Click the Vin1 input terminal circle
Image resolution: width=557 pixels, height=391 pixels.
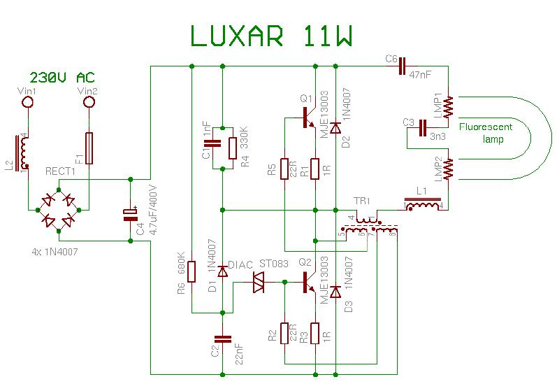coord(29,103)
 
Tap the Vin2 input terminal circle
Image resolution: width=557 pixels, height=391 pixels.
coord(89,103)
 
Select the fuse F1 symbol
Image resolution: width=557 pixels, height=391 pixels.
coord(89,148)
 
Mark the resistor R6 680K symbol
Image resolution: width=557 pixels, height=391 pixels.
coord(191,271)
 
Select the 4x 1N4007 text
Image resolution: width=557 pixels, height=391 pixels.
coord(59,251)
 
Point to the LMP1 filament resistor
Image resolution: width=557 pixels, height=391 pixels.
coord(447,106)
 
